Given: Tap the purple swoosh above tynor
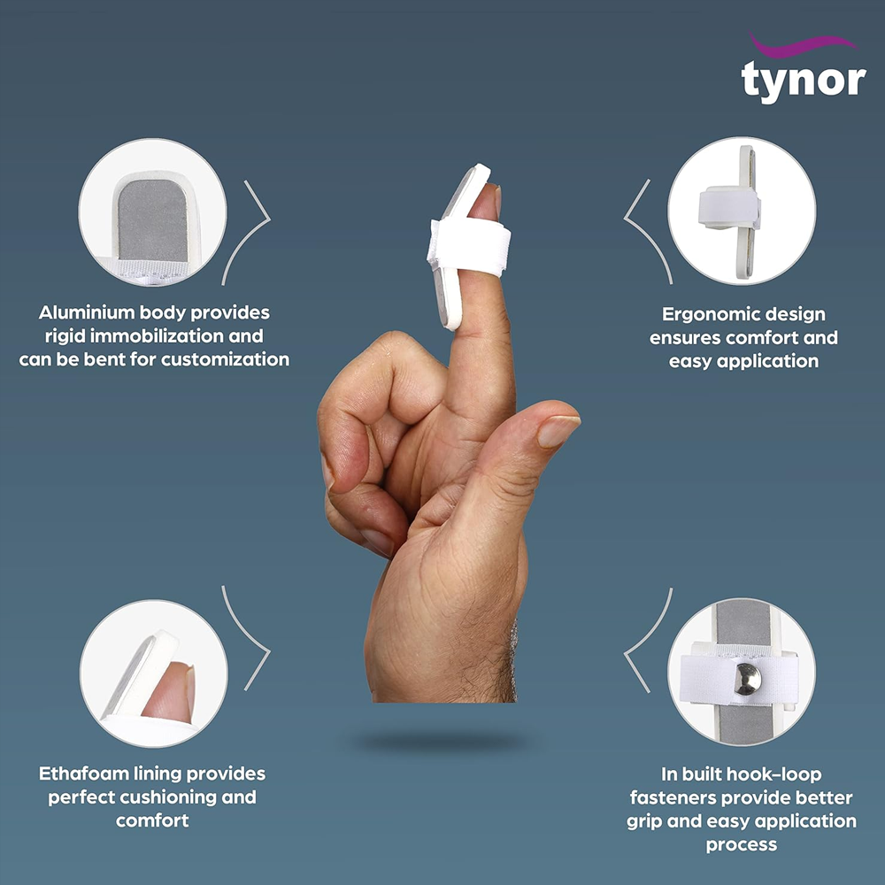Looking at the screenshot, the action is [804, 45].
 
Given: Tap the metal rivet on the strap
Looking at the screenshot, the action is [748, 679].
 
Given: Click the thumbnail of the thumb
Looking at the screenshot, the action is [557, 431].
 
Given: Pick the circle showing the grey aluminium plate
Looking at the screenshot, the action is [152, 212].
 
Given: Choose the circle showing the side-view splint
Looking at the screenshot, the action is [742, 211].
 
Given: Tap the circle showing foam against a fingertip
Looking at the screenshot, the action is [153, 673].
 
